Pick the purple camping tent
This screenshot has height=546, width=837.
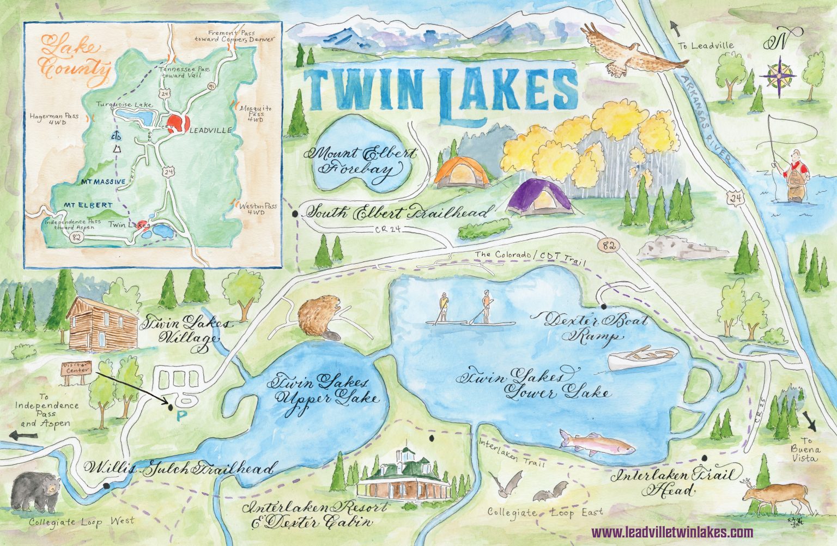coord(539,198)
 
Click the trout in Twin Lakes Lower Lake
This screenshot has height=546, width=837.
coord(597,441)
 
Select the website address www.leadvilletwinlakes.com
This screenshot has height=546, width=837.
coord(672,532)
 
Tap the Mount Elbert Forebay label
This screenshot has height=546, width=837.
coord(362,162)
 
